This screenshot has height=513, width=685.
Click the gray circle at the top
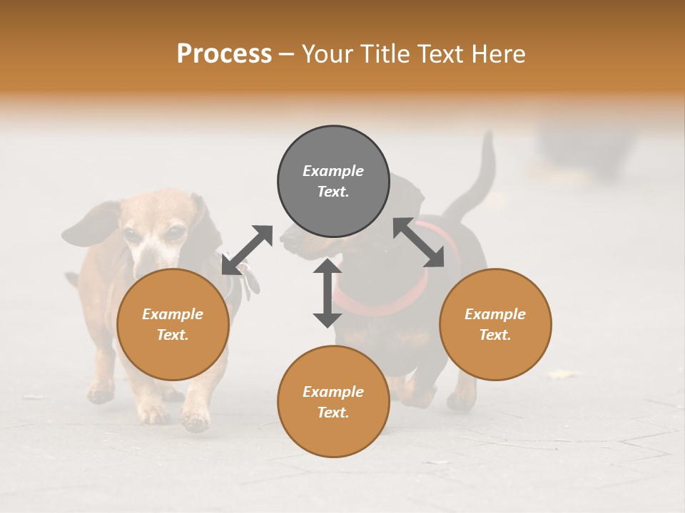pyautogui.click(x=333, y=182)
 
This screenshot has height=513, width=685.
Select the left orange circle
pyautogui.click(x=173, y=324)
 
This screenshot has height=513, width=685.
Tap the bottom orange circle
pyautogui.click(x=333, y=402)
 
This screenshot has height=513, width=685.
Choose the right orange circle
pyautogui.click(x=495, y=324)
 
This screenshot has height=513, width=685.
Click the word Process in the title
pyautogui.click(x=224, y=54)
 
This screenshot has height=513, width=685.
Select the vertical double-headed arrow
pyautogui.click(x=328, y=292)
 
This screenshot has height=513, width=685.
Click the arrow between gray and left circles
pyautogui.click(x=247, y=250)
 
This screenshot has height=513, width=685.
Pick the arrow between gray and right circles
pyautogui.click(x=418, y=242)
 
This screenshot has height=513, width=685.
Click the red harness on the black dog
pyautogui.click(x=385, y=299)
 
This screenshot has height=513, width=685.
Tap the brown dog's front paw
pyautogui.click(x=195, y=419)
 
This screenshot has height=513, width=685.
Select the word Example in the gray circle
pyautogui.click(x=333, y=171)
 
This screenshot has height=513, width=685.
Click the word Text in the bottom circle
pyautogui.click(x=333, y=413)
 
